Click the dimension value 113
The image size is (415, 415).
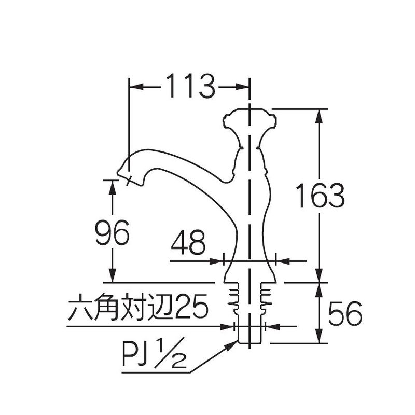coord(190,86)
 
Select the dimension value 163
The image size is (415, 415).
coord(320,196)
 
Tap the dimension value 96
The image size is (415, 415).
coord(112,232)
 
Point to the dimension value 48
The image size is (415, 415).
coord(188,242)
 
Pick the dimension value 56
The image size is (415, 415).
coord(345,313)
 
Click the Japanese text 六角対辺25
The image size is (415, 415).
coord(138,306)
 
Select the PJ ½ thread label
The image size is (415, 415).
coord(154,353)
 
